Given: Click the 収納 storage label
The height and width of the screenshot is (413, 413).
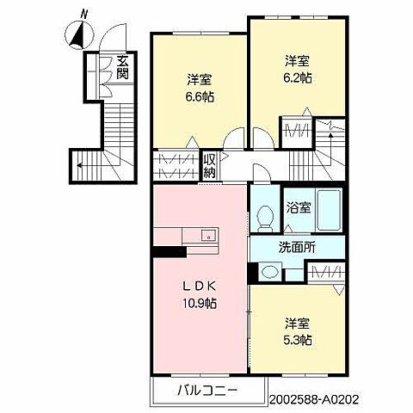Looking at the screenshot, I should [209, 165].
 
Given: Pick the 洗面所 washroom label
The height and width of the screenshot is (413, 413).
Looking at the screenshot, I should [297, 247].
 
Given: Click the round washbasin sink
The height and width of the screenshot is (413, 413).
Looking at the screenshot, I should [269, 273].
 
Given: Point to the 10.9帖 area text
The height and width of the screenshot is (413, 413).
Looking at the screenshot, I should [199, 303].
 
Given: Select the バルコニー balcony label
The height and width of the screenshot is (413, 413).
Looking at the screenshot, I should [197, 392].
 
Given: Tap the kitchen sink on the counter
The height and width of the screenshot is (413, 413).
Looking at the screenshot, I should [206, 235].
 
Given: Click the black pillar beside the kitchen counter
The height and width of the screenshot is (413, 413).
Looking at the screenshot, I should [169, 252].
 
